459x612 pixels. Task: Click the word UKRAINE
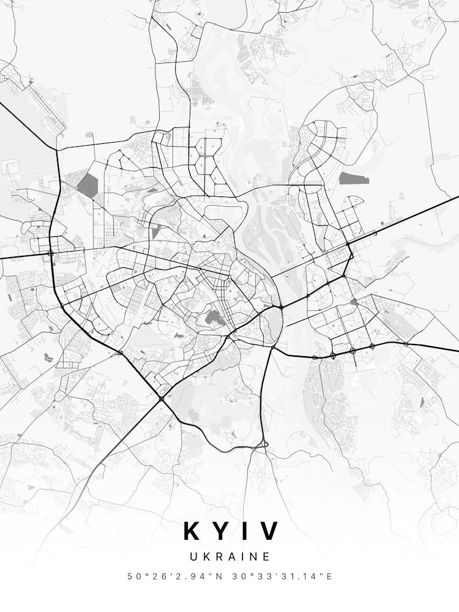click(229, 557)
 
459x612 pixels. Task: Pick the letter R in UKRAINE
click(218, 557)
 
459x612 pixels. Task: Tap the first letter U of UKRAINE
click(193, 557)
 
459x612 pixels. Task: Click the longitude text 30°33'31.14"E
click(278, 577)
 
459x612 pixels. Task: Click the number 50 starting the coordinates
click(133, 577)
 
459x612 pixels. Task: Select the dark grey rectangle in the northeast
click(354, 178)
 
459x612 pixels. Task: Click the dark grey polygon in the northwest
click(87, 185)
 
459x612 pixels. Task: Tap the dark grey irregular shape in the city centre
click(213, 316)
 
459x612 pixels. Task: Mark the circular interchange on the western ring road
click(51, 252)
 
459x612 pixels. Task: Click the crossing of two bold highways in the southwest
click(161, 398)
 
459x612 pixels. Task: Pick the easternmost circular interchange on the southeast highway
click(406, 344)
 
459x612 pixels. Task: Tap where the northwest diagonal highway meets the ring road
click(56, 150)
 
